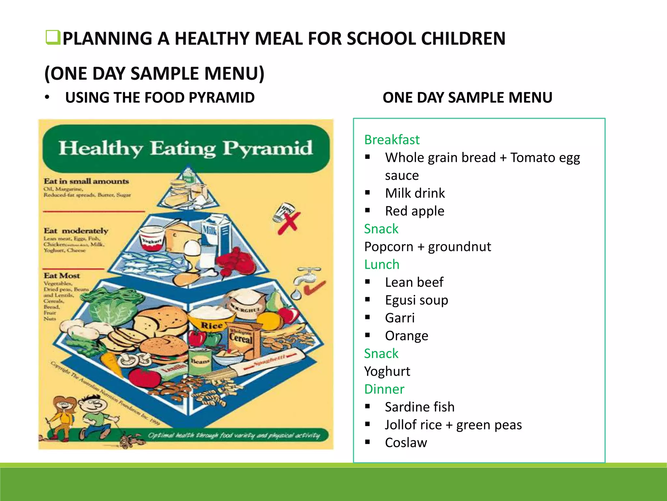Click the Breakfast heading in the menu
[x=392, y=140]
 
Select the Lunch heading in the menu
[x=382, y=264]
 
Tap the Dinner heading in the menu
[x=384, y=389]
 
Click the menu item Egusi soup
[x=416, y=300]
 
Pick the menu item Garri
[x=400, y=318]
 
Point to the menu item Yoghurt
[x=387, y=371]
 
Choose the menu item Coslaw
[x=406, y=443]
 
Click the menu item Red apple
[x=414, y=211]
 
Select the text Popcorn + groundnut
[x=427, y=247]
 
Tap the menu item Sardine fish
[x=419, y=407]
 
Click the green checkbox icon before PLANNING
[x=52, y=38]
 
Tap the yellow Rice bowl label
[x=211, y=325]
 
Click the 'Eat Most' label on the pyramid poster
[x=62, y=276]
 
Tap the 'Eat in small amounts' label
[x=86, y=181]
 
